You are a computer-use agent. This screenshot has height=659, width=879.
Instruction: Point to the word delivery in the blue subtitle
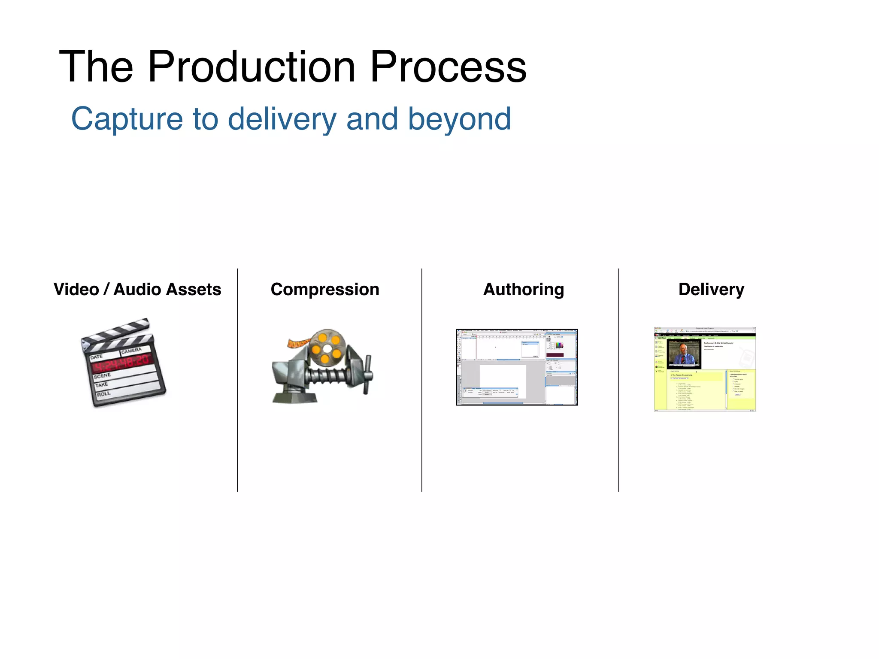click(282, 119)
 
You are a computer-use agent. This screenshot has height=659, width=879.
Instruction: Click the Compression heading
click(325, 290)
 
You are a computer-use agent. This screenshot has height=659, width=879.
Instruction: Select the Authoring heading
click(524, 290)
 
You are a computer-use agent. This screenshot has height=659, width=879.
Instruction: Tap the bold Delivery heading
click(711, 290)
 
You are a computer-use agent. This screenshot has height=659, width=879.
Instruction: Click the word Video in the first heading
click(76, 290)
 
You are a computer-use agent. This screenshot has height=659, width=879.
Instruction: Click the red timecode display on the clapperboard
click(121, 363)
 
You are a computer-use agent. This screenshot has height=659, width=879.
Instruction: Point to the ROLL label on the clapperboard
click(103, 394)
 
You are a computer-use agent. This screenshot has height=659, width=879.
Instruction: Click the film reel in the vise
click(327, 348)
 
